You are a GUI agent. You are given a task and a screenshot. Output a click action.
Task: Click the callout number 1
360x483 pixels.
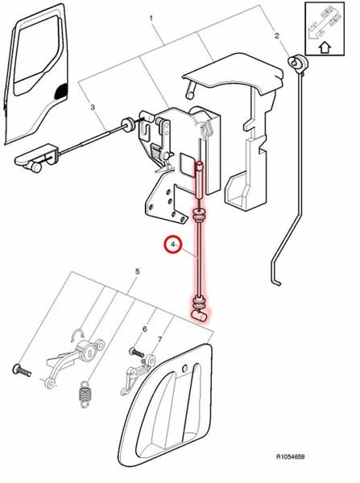[151, 19]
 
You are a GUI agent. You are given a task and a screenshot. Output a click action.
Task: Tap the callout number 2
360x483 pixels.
[277, 35]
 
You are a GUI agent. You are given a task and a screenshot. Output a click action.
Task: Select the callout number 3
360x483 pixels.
[93, 107]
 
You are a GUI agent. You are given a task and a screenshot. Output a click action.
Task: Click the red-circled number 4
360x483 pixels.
[173, 244]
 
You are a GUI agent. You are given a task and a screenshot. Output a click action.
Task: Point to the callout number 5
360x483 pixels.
[138, 271]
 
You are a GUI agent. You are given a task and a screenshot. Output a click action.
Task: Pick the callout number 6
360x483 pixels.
[144, 329]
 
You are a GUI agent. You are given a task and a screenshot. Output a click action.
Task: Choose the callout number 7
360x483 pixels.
[159, 340]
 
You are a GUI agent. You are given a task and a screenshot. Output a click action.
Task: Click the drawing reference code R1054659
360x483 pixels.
[291, 456]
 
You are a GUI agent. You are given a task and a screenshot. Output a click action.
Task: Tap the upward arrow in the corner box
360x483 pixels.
[325, 48]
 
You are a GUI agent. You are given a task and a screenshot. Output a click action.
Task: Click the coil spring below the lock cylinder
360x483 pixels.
[85, 394]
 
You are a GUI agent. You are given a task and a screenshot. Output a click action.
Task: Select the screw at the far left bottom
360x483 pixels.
[22, 370]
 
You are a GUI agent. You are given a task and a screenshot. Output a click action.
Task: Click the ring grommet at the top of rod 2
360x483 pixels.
[298, 62]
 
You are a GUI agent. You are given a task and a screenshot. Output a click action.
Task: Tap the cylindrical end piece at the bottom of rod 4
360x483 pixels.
[200, 315]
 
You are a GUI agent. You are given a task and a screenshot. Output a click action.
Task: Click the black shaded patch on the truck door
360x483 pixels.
[60, 91]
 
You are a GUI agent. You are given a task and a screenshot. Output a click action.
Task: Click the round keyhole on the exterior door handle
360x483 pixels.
[184, 369]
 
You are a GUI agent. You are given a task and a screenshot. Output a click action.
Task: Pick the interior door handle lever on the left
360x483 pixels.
[37, 157]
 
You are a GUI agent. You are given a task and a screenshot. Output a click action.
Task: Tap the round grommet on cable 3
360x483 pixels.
[127, 125]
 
